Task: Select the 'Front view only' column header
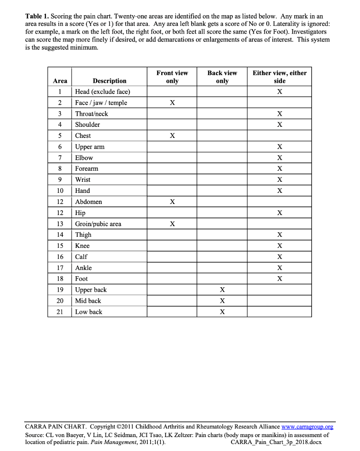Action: [172, 77]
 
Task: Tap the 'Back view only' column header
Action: [222, 77]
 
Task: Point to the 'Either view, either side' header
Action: [280, 77]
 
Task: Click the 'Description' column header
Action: [109, 81]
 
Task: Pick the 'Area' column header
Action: [60, 81]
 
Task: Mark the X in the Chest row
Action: [172, 135]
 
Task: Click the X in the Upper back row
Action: [222, 290]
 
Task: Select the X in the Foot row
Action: [280, 279]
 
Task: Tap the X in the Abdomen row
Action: [172, 201]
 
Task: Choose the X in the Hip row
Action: [280, 213]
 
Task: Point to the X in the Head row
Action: [280, 92]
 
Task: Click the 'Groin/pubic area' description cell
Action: [98, 224]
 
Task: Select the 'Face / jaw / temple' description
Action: [101, 103]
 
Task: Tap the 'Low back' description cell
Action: [89, 312]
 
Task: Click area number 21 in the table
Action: [60, 312]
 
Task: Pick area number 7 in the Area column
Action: [60, 158]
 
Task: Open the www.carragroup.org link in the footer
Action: [307, 427]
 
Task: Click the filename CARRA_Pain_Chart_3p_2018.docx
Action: [276, 442]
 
